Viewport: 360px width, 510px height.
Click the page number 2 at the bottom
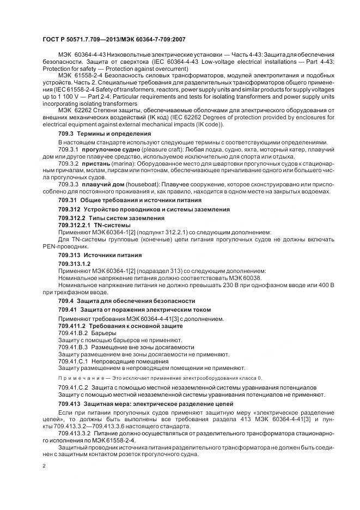coord(44,467)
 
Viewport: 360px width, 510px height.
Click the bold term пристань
coord(96,163)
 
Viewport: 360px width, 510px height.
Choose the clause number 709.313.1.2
coord(74,264)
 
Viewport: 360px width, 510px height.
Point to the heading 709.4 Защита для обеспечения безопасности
coord(126,300)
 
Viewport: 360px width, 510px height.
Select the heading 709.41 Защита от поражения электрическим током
coord(128,309)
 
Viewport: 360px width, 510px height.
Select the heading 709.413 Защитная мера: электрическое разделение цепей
coord(145,403)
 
